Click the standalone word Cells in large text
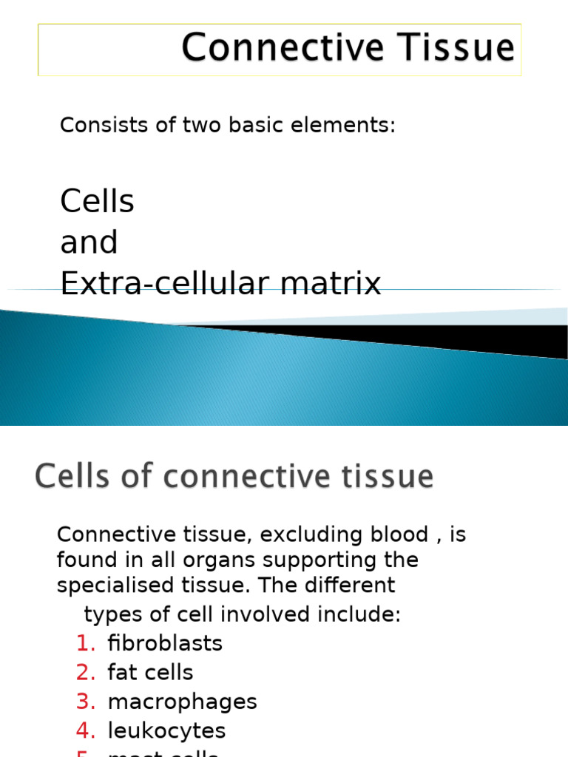click(x=97, y=201)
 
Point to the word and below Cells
click(x=89, y=242)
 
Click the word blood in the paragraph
click(x=394, y=534)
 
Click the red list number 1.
click(x=86, y=644)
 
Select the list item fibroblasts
click(x=165, y=644)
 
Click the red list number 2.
click(x=86, y=673)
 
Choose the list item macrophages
click(x=182, y=702)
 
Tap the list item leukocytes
click(x=166, y=731)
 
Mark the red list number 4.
click(x=86, y=731)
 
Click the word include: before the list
click(x=363, y=614)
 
